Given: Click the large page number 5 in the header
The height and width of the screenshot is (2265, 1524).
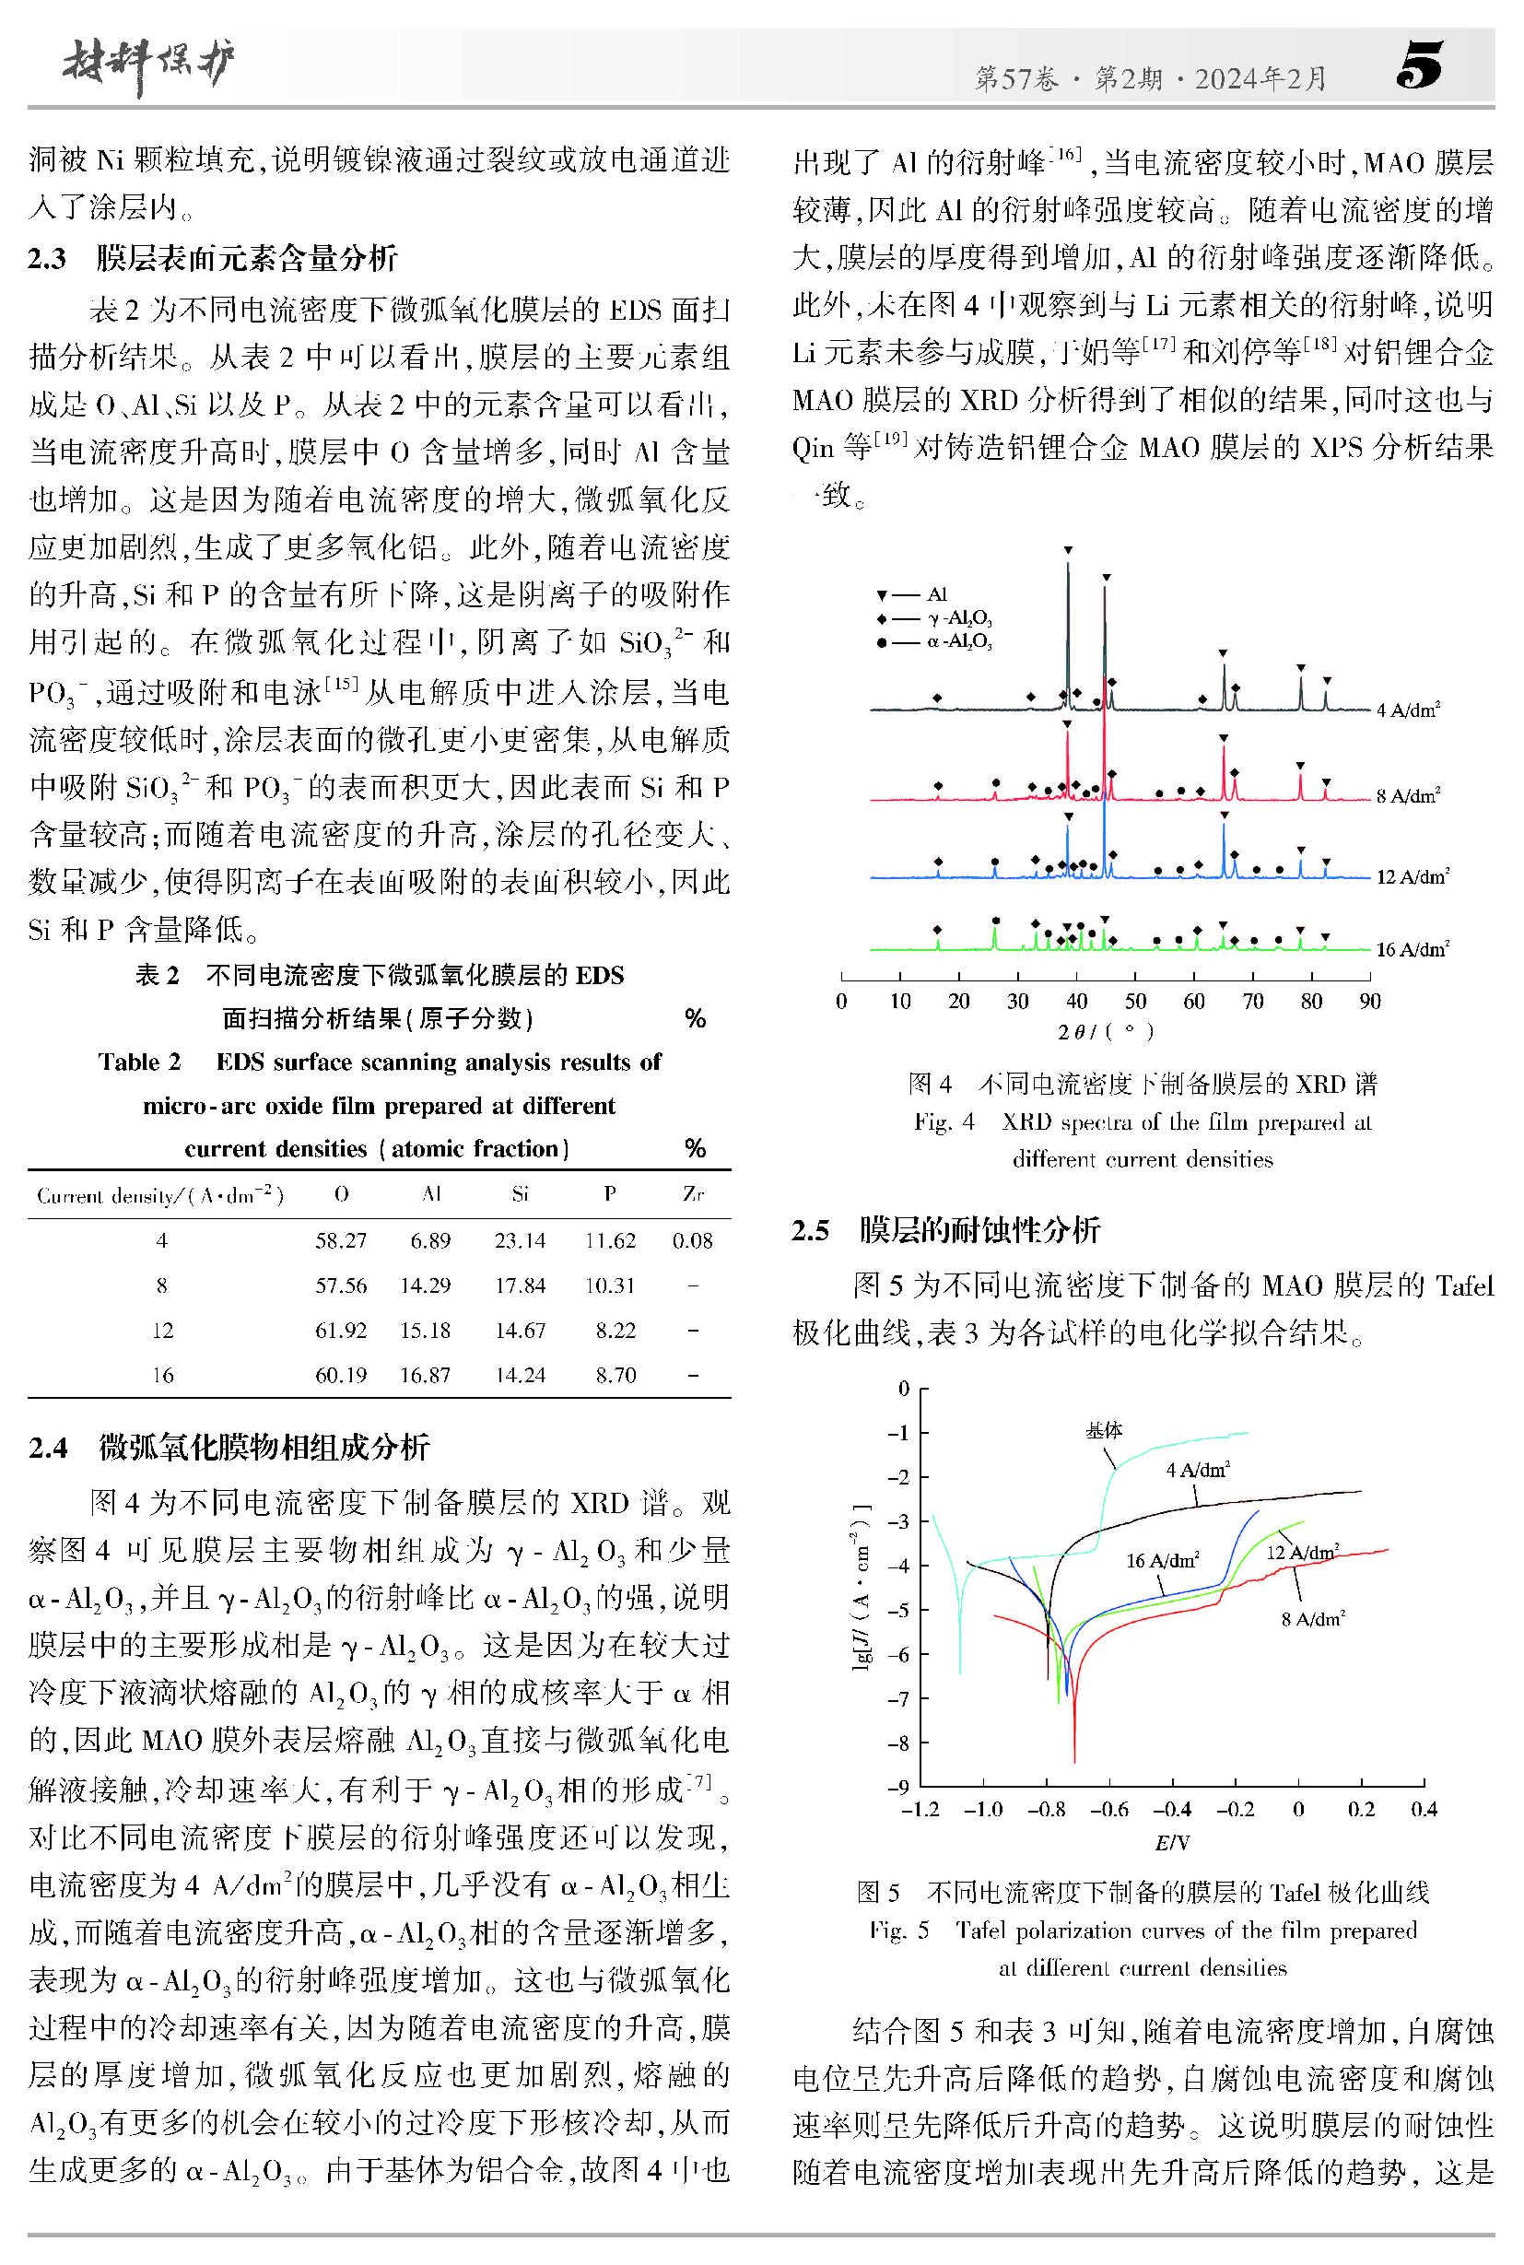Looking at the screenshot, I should click(1419, 66).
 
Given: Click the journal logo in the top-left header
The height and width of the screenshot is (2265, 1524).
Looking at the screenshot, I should click(148, 66).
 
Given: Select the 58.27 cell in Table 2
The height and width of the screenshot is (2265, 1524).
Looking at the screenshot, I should click(340, 1240).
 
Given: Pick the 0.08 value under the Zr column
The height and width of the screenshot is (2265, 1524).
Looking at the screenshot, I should click(692, 1240).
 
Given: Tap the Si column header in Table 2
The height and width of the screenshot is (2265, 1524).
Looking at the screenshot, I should click(520, 1193).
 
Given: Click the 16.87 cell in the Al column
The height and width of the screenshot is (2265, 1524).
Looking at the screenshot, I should click(425, 1375).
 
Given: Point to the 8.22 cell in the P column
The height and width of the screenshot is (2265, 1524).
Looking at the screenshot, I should click(615, 1330).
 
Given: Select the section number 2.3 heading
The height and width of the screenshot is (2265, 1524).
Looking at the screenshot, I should click(47, 259).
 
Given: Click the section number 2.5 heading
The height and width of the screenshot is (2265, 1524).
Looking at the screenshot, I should click(811, 1231).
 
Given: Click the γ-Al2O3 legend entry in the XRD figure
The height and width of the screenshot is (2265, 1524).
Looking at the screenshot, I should click(958, 618).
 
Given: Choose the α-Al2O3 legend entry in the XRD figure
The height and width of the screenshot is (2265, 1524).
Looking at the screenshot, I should click(958, 641).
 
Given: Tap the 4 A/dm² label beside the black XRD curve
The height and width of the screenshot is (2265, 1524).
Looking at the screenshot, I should click(1407, 710).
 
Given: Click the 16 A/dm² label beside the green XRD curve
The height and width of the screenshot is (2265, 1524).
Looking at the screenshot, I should click(1413, 949).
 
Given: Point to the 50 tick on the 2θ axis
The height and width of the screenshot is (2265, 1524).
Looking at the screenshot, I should click(1135, 1002).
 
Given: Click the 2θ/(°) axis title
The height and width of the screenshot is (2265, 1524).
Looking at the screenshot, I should click(1105, 1031).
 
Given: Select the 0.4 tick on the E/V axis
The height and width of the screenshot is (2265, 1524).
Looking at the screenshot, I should click(1423, 1809).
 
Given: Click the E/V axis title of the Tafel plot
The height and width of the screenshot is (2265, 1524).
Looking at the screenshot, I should click(1171, 1842).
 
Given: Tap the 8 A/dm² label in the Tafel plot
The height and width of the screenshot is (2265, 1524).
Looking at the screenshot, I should click(1312, 1618).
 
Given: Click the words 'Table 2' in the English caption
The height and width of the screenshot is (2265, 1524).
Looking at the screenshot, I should click(139, 1062).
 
